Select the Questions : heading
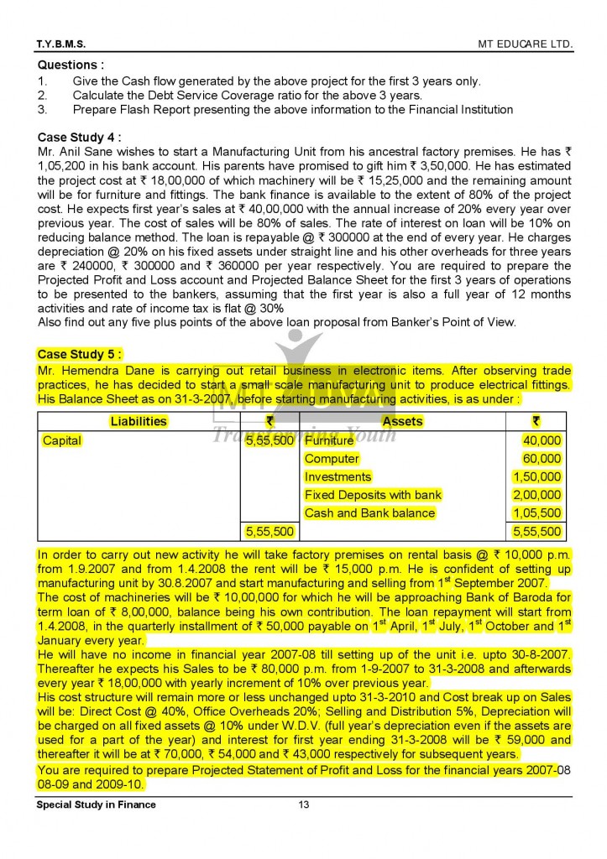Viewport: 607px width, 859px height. pyautogui.click(x=71, y=65)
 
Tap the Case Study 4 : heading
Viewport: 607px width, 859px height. pyautogui.click(x=80, y=137)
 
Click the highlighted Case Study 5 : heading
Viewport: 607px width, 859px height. pyautogui.click(x=80, y=354)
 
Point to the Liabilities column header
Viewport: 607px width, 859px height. pyautogui.click(x=139, y=421)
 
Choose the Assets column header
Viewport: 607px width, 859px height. pyautogui.click(x=402, y=421)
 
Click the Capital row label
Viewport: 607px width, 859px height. pyautogui.click(x=62, y=440)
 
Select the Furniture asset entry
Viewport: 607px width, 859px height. pyautogui.click(x=329, y=440)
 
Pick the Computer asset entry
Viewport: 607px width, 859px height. pyautogui.click(x=332, y=459)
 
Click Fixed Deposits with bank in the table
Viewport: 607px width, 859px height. pyautogui.click(x=373, y=495)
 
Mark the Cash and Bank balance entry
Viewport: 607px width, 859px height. pyautogui.click(x=369, y=513)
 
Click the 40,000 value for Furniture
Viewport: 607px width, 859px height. pyautogui.click(x=542, y=440)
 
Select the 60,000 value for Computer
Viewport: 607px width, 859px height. pyautogui.click(x=542, y=459)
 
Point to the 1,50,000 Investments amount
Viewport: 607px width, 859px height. pyautogui.click(x=537, y=477)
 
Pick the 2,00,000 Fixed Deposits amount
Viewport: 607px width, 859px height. pyautogui.click(x=537, y=495)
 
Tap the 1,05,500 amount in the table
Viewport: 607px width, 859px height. pyautogui.click(x=537, y=513)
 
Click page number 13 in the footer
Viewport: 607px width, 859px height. pyautogui.click(x=304, y=805)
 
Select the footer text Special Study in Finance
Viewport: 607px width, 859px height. pyautogui.click(x=96, y=805)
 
